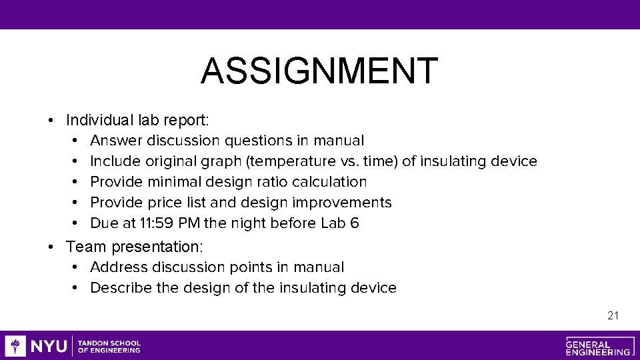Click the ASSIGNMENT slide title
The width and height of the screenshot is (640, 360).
pyautogui.click(x=319, y=71)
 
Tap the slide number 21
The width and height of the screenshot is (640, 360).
pyautogui.click(x=613, y=315)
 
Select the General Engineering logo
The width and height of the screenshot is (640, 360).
pyautogui.click(x=598, y=346)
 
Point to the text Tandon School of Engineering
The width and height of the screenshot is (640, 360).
pyautogui.click(x=109, y=346)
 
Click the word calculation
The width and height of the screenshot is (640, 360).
pyautogui.click(x=328, y=182)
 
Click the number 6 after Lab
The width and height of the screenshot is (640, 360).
pyautogui.click(x=354, y=223)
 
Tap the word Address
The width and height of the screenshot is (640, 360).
pyautogui.click(x=119, y=267)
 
